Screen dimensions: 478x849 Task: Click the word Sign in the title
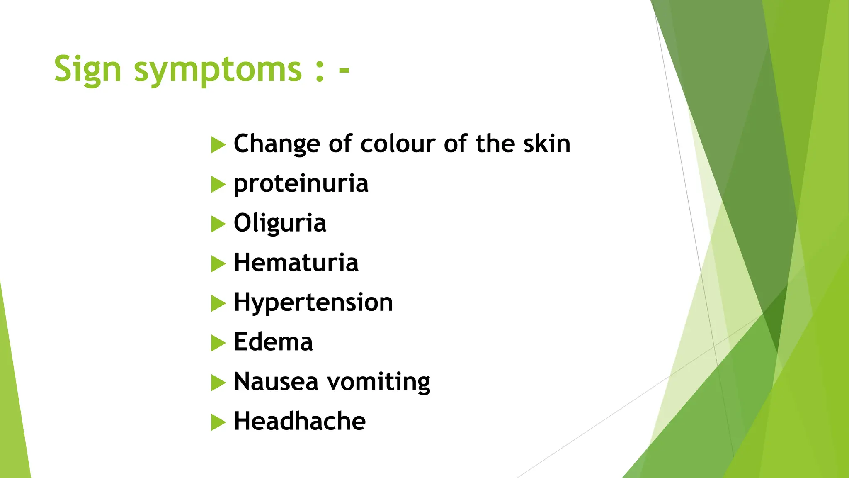[87, 69]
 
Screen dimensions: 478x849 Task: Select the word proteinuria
[301, 183]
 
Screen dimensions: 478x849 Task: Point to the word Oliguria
[280, 223]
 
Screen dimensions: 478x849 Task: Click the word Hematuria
[296, 263]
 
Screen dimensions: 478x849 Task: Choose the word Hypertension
[313, 302]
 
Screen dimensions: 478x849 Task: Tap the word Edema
[273, 342]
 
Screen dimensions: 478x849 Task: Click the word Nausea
[276, 382]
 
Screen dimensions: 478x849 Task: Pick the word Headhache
[300, 421]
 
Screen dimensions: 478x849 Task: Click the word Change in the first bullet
[277, 144]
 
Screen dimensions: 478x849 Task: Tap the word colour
[398, 144]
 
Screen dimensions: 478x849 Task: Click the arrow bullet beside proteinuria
[218, 185]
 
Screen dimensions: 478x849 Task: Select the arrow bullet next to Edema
[218, 343]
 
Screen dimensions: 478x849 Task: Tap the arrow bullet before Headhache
[218, 422]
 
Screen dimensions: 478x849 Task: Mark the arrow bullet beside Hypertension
[218, 303]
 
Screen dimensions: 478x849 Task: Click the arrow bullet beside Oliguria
[218, 224]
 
